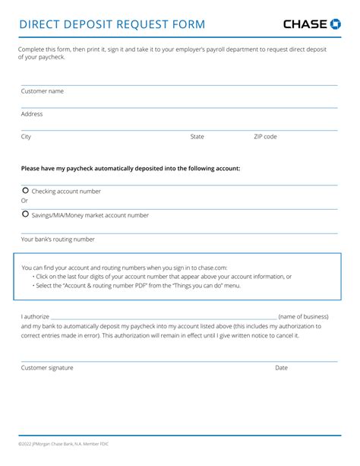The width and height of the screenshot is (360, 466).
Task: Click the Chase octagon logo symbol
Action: click(336, 24)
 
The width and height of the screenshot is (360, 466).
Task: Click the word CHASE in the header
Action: click(306, 24)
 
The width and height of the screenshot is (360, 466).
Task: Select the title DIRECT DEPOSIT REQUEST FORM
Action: click(112, 24)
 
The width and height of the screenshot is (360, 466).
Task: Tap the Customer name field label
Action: click(42, 91)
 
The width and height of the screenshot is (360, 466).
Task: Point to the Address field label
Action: click(32, 114)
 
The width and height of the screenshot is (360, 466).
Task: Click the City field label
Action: click(26, 137)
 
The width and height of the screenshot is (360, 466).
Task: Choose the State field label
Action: click(197, 137)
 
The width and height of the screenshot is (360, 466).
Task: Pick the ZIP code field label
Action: click(265, 137)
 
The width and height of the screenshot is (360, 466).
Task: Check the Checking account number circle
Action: click(26, 191)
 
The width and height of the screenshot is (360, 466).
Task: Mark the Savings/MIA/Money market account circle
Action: click(26, 214)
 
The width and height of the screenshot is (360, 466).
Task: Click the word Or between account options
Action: click(24, 201)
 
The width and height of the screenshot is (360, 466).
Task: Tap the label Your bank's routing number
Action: click(58, 239)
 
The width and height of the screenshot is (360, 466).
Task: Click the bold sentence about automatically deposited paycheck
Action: click(131, 168)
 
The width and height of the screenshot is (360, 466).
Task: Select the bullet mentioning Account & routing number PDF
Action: click(137, 285)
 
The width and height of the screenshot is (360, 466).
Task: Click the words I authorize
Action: click(35, 315)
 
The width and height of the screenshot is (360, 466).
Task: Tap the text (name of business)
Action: click(303, 315)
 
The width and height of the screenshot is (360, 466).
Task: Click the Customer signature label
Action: click(47, 367)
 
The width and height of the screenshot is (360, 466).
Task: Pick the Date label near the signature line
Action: click(281, 367)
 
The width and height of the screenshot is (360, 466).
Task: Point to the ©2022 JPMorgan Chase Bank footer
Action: click(64, 444)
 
